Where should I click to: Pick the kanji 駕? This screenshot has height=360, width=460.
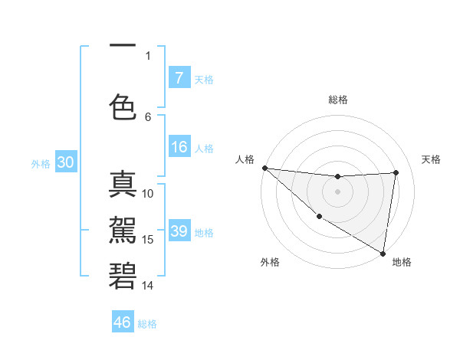tap(123, 229)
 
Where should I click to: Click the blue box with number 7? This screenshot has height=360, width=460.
tap(179, 78)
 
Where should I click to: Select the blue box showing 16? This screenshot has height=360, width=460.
tap(179, 148)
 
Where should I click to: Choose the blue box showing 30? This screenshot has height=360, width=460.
tap(65, 163)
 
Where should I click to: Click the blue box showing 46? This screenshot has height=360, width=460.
tap(123, 322)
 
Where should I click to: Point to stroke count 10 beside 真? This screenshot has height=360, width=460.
tap(148, 194)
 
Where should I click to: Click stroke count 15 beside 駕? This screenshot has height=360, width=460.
tap(148, 240)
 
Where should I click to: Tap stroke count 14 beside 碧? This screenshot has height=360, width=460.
tap(148, 286)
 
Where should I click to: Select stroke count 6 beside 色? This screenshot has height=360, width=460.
tap(148, 116)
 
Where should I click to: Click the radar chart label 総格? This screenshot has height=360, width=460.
tap(337, 100)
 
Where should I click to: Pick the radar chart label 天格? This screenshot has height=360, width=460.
tap(432, 159)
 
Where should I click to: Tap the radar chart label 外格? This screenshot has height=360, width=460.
tap(269, 263)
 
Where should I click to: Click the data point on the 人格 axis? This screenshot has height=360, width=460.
tap(264, 168)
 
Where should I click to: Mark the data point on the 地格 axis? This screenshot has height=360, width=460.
tap(383, 253)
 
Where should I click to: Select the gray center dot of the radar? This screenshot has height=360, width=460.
tap(337, 191)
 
